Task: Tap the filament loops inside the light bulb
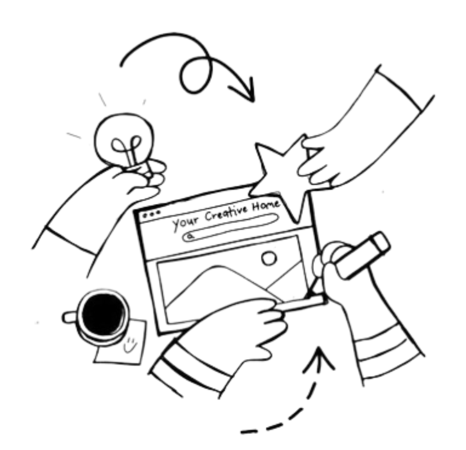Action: point(126,146)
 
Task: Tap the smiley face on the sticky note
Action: point(130,344)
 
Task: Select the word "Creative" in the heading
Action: point(227,213)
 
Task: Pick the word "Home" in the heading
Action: point(266,205)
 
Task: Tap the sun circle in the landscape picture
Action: point(269,257)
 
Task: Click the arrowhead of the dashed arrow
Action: point(319,359)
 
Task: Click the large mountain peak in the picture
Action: point(218,268)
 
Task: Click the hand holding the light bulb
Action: point(140,178)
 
